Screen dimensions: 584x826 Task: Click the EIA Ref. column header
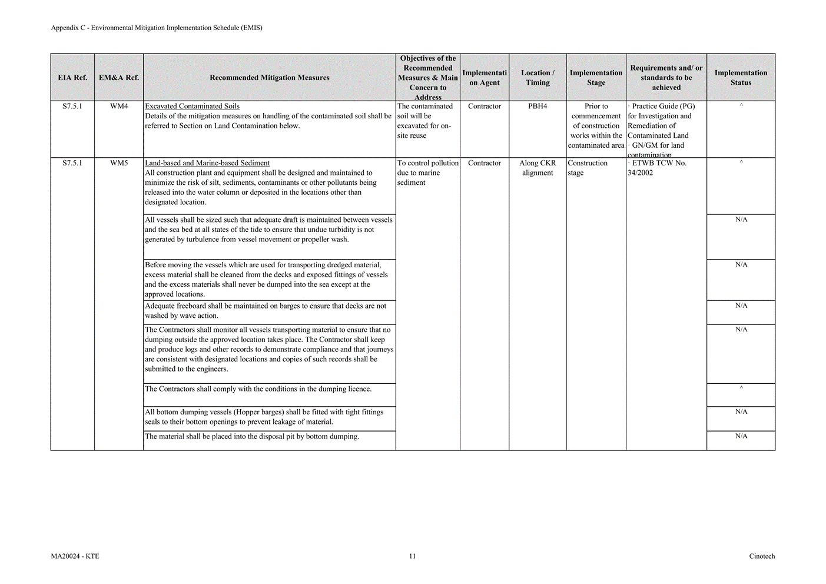click(72, 78)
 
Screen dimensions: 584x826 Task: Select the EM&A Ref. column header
click(119, 78)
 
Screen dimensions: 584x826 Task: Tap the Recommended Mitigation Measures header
click(269, 78)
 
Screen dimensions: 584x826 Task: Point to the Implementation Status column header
click(741, 78)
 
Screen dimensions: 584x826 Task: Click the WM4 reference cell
click(119, 107)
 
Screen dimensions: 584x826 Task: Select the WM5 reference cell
click(119, 163)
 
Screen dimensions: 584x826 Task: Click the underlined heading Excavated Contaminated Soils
click(192, 107)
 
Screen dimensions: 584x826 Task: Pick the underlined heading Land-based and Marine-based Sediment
click(207, 163)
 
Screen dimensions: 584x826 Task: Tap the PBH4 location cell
click(538, 107)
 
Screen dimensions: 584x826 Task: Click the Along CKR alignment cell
click(538, 168)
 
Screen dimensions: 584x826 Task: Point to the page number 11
click(412, 556)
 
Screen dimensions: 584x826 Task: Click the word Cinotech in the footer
click(762, 556)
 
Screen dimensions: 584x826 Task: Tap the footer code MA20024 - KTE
click(75, 556)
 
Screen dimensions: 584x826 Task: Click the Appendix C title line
click(157, 28)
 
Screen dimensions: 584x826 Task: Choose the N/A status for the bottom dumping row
click(741, 436)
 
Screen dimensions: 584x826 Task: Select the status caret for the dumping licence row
click(741, 389)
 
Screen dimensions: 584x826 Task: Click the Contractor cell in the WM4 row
click(485, 107)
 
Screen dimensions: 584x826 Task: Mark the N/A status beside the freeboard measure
click(741, 306)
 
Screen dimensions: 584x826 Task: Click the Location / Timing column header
click(538, 78)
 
